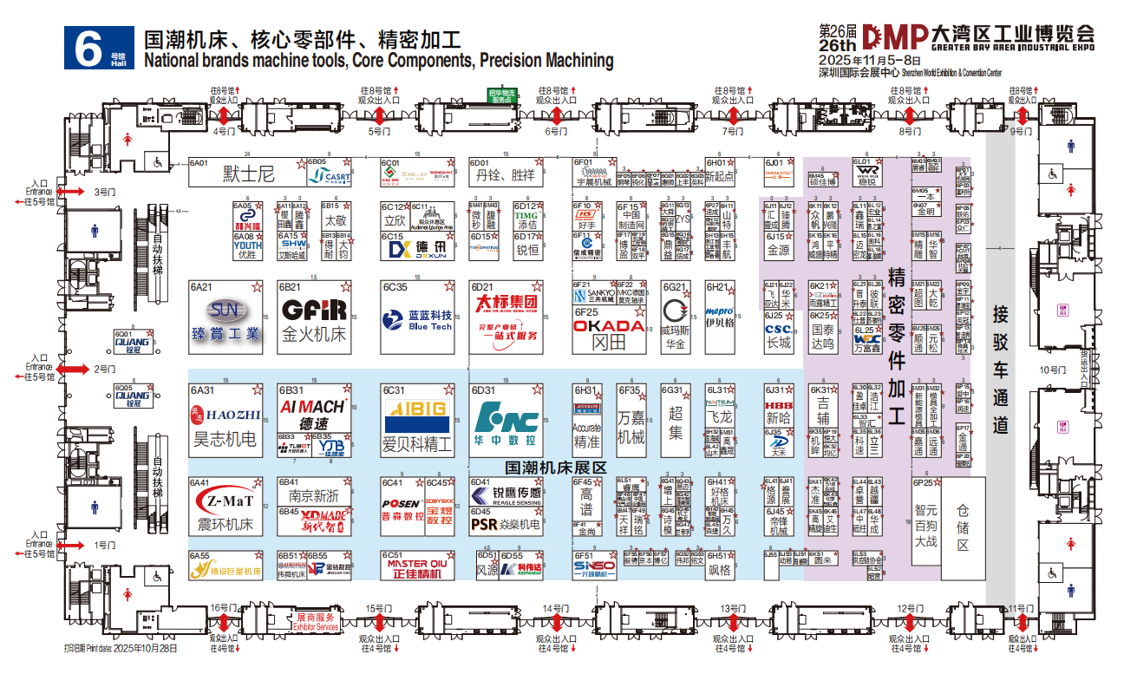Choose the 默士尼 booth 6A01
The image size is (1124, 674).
248,174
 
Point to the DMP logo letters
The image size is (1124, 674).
893,36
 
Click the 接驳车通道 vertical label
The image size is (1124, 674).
1001,370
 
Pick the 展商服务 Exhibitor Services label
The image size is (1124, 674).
316,621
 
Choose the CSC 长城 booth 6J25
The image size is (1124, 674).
778,335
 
